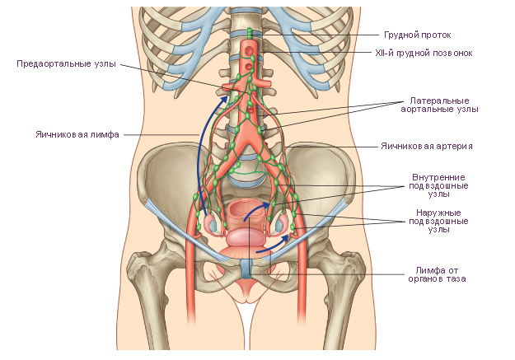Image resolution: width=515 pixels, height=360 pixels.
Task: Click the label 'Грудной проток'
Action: tap(418, 35)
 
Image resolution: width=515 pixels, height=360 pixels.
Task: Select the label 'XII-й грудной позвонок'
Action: tap(424, 53)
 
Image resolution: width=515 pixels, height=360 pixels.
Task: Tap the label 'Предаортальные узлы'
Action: tap(67, 63)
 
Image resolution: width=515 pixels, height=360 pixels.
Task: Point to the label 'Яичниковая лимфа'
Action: tap(77, 134)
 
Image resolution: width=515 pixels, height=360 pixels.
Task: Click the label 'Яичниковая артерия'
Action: tap(427, 146)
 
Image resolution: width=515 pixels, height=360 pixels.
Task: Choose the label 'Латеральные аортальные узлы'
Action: tap(439, 105)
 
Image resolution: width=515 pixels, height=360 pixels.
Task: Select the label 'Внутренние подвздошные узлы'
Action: tap(438, 185)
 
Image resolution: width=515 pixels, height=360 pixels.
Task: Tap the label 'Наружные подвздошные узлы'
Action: tap(438, 221)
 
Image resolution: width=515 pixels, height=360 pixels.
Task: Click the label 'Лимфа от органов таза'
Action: tap(437, 274)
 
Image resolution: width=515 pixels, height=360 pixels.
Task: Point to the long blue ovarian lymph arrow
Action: tap(199, 157)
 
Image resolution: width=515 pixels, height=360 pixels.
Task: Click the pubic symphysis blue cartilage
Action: tap(246, 268)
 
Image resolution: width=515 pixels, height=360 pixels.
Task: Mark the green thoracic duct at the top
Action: tap(250, 34)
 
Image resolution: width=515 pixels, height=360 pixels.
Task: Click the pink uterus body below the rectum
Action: tap(245, 237)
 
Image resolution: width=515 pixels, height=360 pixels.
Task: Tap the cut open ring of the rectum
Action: tap(244, 213)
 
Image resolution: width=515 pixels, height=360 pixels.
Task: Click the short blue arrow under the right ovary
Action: tap(273, 245)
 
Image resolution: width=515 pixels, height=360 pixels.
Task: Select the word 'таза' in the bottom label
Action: tap(456, 279)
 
